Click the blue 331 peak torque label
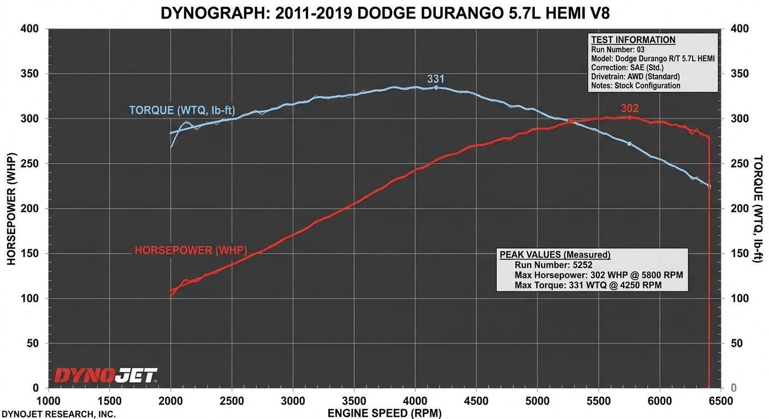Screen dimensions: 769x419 pyautogui.click(x=436, y=79)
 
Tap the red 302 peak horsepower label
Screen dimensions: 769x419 pyautogui.click(x=630, y=109)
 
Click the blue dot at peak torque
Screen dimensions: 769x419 pyautogui.click(x=436, y=88)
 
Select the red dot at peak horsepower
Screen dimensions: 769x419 pyautogui.click(x=629, y=118)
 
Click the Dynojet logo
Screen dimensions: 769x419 pyautogui.click(x=106, y=375)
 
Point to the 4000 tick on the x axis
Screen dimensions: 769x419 pyautogui.click(x=415, y=401)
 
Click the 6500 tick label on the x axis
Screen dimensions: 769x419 pyautogui.click(x=720, y=401)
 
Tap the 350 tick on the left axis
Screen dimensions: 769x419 pyautogui.click(x=29, y=74)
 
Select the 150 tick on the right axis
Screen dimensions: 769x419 pyautogui.click(x=740, y=253)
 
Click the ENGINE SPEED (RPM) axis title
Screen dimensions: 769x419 pyautogui.click(x=384, y=413)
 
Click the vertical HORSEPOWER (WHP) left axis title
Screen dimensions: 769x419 pyautogui.click(x=11, y=209)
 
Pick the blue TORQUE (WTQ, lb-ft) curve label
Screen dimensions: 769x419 pyautogui.click(x=182, y=110)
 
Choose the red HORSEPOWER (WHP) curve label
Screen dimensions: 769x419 pyautogui.click(x=191, y=250)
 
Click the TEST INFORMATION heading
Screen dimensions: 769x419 pyautogui.click(x=633, y=40)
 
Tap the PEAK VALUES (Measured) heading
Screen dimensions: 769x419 pyautogui.click(x=555, y=255)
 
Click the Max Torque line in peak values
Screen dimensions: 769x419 pyautogui.click(x=588, y=285)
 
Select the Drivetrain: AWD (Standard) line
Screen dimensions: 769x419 pyautogui.click(x=635, y=76)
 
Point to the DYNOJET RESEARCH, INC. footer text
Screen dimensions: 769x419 pyautogui.click(x=58, y=414)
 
